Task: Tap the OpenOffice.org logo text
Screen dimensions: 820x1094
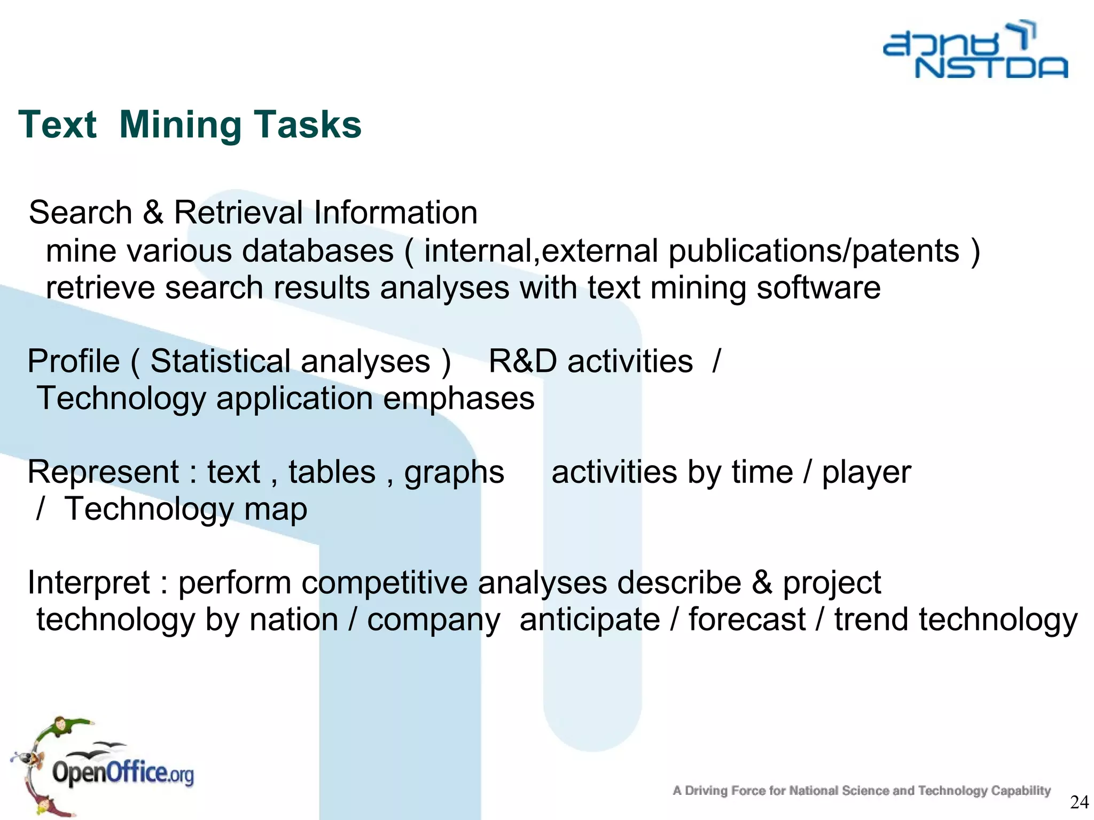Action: coord(123,773)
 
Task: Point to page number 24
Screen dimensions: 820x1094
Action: coord(1080,802)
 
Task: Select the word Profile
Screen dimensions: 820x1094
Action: coord(74,361)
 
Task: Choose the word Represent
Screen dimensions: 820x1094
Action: coord(103,472)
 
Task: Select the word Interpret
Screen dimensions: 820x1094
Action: coord(89,583)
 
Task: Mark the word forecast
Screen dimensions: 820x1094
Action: coord(746,620)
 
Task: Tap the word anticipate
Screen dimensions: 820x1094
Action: coord(590,620)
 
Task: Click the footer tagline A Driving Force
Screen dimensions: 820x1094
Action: coord(861,791)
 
